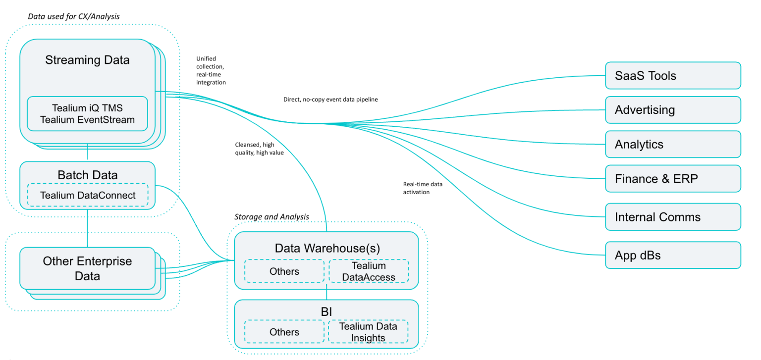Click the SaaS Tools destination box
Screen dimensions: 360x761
(673, 76)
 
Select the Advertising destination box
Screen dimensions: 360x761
(673, 110)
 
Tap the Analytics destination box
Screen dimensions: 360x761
(673, 145)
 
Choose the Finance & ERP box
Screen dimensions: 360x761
(673, 179)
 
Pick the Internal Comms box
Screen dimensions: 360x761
(673, 217)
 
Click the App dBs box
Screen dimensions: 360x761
(673, 256)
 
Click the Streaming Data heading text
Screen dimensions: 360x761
(87, 60)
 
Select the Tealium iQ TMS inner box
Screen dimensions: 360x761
(87, 113)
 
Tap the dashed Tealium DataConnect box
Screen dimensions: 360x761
(88, 195)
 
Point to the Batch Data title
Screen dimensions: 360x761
(87, 175)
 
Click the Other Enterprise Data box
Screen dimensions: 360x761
(87, 268)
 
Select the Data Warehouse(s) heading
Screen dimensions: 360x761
(326, 248)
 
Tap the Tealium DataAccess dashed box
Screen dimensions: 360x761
(368, 271)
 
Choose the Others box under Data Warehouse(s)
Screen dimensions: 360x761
(284, 271)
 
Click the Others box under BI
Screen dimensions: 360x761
(284, 332)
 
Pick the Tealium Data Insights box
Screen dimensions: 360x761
(368, 332)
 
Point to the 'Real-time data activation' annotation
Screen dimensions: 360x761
(423, 188)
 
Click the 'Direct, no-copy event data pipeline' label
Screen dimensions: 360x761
(330, 100)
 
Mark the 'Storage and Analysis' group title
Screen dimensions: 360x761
(272, 216)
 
